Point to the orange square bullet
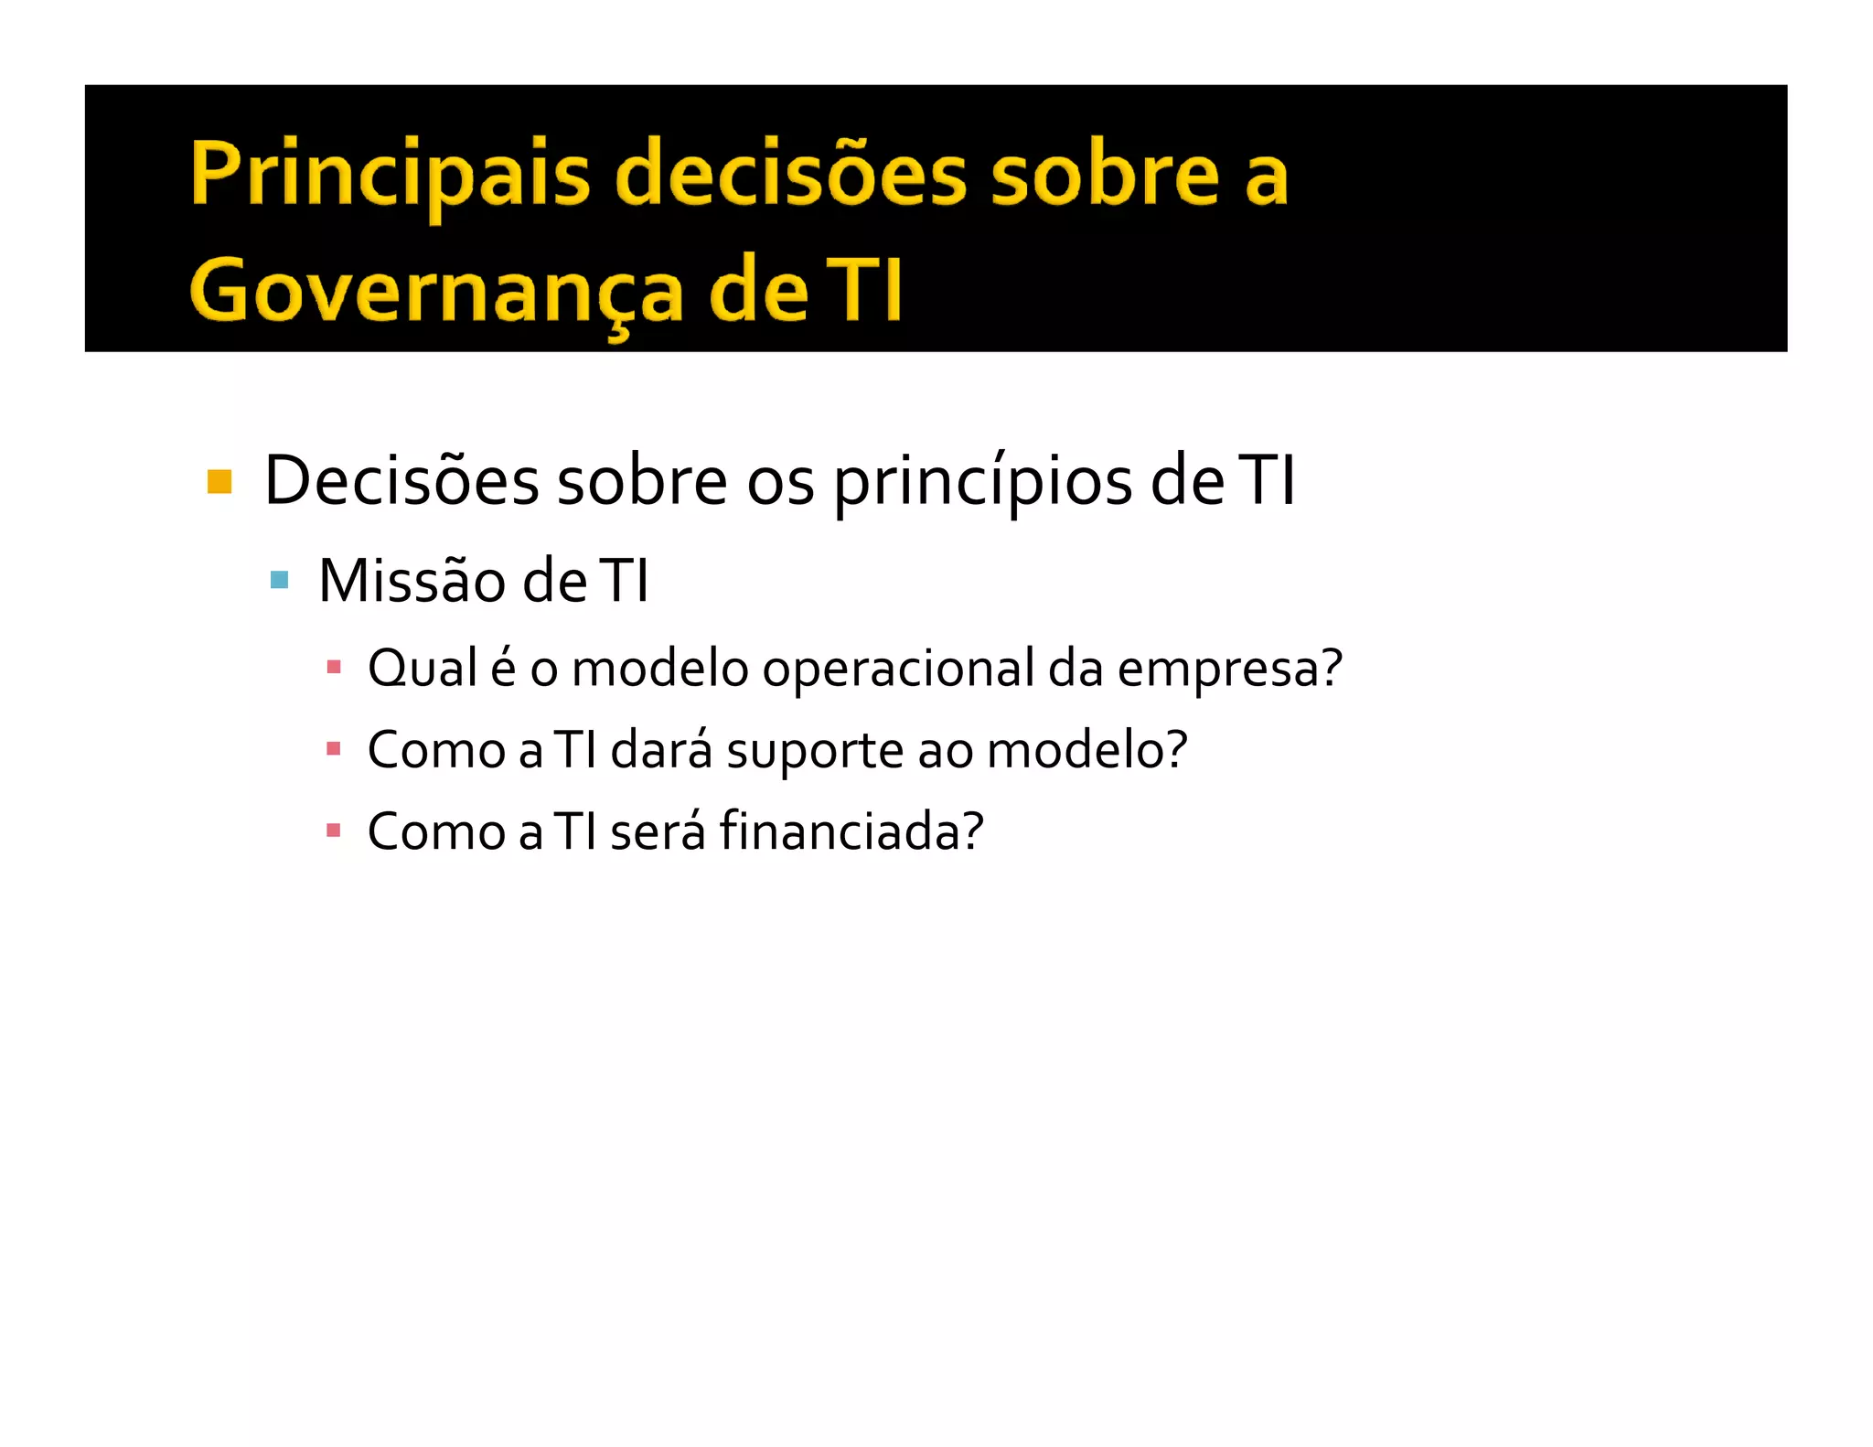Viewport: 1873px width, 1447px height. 219,481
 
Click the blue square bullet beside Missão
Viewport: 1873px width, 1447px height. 280,580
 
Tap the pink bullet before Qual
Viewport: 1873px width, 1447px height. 334,667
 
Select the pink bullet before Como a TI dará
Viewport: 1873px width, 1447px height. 334,749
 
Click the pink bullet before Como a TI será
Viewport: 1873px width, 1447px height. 334,831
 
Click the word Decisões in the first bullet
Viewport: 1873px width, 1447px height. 401,481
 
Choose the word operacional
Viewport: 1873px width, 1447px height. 899,669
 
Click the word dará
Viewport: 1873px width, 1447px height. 661,750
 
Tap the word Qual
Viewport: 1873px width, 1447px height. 423,669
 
